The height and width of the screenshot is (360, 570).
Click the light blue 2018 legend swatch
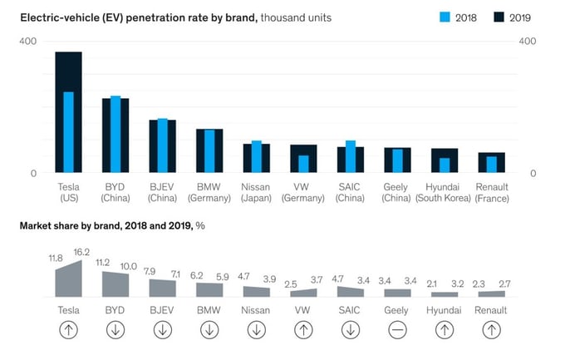445,17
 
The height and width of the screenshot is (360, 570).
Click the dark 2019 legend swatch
499,17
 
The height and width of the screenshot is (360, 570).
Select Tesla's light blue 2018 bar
68,132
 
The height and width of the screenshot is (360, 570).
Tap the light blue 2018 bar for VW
303,164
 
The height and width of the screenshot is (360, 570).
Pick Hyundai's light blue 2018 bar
445,165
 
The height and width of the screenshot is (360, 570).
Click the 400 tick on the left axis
28,41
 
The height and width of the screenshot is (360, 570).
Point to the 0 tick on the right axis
533,174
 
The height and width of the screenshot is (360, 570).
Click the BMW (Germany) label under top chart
209,192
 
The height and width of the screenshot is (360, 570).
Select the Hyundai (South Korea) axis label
443,192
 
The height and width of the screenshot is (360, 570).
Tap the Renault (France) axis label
492,192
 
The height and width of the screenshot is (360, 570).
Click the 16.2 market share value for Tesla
81,252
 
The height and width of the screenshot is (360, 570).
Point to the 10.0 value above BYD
128,267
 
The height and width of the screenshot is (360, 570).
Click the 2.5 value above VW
291,284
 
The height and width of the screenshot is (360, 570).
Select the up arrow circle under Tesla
68,330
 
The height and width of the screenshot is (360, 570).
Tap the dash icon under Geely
397,330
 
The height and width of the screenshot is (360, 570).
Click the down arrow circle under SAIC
351,330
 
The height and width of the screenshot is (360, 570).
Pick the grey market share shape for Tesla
68,282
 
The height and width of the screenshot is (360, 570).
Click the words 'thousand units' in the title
296,17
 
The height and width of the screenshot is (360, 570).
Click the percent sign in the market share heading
200,226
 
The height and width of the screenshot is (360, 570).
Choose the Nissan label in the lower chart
256,310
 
